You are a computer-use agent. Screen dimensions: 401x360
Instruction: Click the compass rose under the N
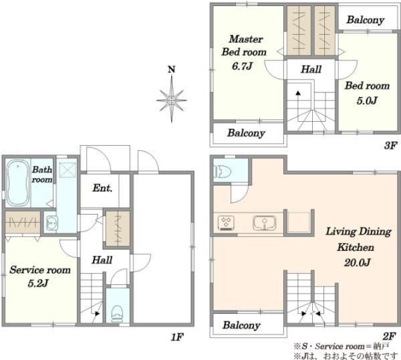(172, 100)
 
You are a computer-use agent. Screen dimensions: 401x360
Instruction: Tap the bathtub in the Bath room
(17, 182)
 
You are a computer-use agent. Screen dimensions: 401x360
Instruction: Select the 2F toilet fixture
(222, 171)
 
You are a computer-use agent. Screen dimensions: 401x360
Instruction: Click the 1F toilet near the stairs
(118, 313)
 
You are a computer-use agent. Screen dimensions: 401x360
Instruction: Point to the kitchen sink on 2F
(265, 223)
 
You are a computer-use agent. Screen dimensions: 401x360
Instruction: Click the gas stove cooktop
(226, 222)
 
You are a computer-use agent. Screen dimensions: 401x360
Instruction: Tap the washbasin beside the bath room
(52, 223)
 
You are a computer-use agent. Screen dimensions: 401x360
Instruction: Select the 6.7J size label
(242, 66)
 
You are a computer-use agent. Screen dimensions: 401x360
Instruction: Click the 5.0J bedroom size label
(367, 100)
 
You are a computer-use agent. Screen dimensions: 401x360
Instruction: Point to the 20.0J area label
(358, 262)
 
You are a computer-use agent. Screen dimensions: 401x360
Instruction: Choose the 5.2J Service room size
(38, 284)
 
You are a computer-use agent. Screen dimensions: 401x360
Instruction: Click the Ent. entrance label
(102, 188)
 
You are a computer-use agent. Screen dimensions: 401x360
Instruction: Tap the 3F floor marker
(390, 146)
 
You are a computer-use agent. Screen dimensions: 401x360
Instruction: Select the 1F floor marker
(177, 337)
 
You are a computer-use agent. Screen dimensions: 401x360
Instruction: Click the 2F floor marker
(390, 336)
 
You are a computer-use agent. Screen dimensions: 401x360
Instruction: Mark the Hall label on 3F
(311, 69)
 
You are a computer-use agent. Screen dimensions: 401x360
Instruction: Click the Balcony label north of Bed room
(366, 20)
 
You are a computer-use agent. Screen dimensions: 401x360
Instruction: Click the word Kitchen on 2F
(356, 248)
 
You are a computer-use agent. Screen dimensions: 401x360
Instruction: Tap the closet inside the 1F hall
(118, 229)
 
